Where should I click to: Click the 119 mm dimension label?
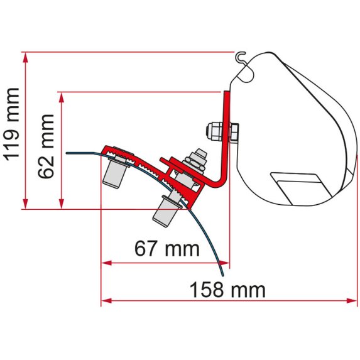(x=12, y=131)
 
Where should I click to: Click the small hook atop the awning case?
(x=240, y=58)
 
